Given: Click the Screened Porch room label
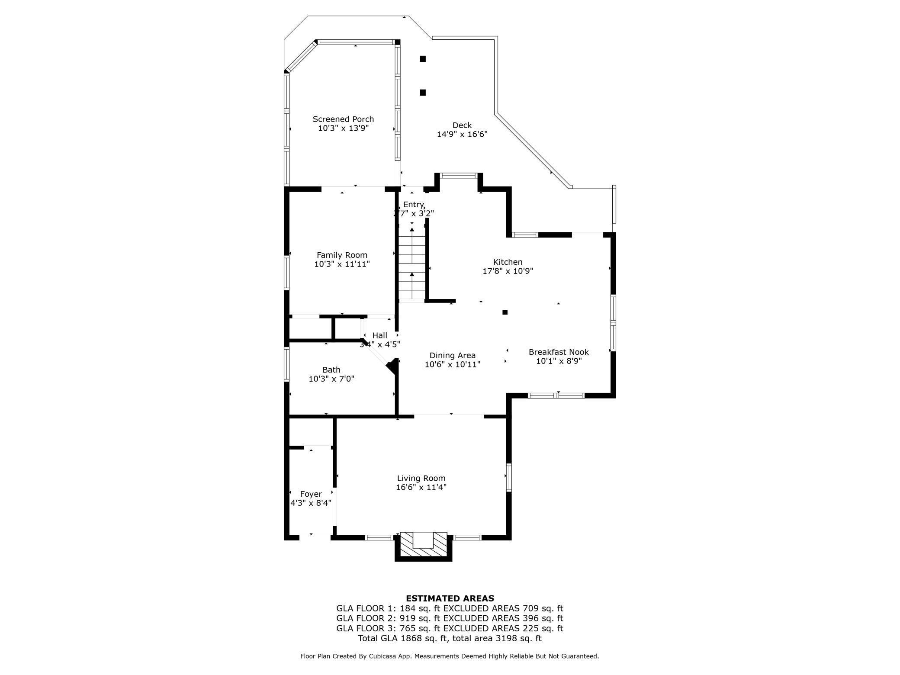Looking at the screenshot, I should point(343,119).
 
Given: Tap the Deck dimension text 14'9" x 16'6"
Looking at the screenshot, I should point(462,135).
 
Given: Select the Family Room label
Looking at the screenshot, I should point(342,255).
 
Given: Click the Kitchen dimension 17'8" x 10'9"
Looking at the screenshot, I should point(508,271).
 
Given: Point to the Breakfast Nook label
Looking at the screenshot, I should point(558,352).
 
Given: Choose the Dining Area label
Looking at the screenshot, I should point(452,356).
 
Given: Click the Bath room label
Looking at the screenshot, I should point(331,370).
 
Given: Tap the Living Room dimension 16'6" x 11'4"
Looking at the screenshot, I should point(421,488).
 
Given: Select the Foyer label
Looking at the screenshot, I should point(311,494).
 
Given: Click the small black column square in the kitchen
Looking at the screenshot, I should point(505,312).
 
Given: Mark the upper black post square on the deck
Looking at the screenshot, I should point(423,59).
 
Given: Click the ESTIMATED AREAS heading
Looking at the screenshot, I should point(450,598).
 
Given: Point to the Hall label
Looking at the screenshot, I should point(379,335).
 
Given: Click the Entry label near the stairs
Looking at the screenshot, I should point(413,205).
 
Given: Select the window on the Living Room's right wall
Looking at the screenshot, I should point(509,477).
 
